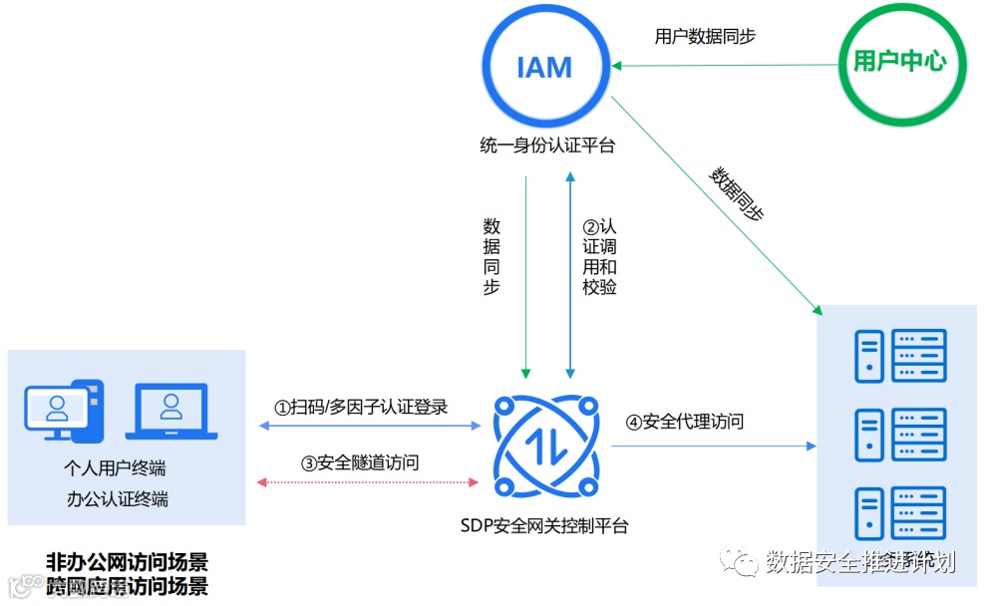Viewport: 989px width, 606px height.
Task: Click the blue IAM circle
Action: point(544,68)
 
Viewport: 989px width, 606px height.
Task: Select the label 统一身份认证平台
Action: point(546,147)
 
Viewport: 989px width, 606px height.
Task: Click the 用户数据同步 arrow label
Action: point(705,37)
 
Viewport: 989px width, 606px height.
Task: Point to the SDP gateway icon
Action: point(545,443)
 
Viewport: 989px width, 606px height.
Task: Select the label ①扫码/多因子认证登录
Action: point(362,407)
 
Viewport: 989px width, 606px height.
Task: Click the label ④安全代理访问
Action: point(685,422)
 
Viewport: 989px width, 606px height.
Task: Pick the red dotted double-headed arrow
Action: point(368,482)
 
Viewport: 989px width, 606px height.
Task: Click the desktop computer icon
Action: point(63,408)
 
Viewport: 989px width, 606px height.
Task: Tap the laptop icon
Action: point(171,411)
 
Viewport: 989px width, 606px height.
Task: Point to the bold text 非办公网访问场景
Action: point(128,560)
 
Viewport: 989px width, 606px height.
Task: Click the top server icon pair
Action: point(900,356)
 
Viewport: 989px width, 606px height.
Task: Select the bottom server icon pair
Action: point(900,514)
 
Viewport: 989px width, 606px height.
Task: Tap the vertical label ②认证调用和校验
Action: point(599,257)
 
